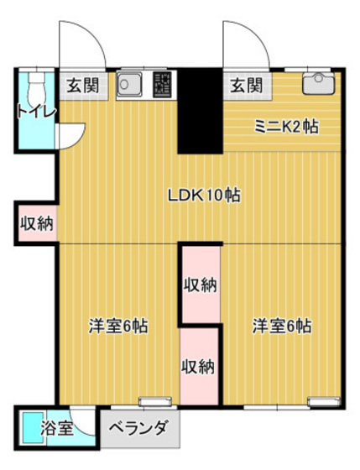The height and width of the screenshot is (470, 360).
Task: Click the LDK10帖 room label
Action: pyautogui.click(x=205, y=195)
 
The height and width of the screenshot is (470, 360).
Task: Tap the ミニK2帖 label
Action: pyautogui.click(x=286, y=127)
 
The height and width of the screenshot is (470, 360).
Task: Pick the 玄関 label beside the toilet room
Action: pyautogui.click(x=82, y=85)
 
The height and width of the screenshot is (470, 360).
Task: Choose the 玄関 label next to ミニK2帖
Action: pyautogui.click(x=246, y=85)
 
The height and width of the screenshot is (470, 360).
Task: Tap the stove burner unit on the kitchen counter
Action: pyautogui.click(x=163, y=84)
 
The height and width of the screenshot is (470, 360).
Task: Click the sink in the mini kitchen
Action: pyautogui.click(x=317, y=82)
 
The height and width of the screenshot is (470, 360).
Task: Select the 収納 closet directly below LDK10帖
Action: pyautogui.click(x=201, y=285)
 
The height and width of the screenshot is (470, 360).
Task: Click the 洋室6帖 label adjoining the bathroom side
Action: pyautogui.click(x=119, y=326)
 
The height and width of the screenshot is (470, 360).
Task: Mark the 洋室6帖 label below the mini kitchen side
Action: pyautogui.click(x=283, y=326)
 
